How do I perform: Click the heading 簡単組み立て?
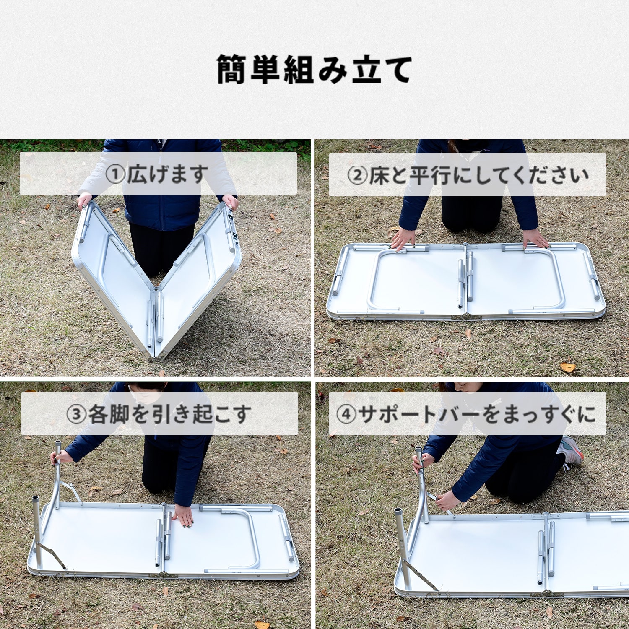coord(314,70)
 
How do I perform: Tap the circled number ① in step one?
coord(115,174)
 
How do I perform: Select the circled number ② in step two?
coord(357,175)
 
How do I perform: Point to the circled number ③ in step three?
coord(76,414)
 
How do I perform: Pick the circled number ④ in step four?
coord(346,414)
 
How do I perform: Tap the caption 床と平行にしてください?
coord(478,175)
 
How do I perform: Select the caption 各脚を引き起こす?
coord(169,414)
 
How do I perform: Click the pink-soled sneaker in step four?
coord(571,451)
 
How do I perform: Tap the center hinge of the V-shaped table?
coord(156,289)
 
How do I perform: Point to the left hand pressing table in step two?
coord(403,239)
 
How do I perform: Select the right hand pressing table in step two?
coord(535,239)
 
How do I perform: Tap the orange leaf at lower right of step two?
coord(568,367)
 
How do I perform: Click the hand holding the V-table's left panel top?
coord(84,202)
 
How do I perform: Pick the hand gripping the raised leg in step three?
coord(56,457)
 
